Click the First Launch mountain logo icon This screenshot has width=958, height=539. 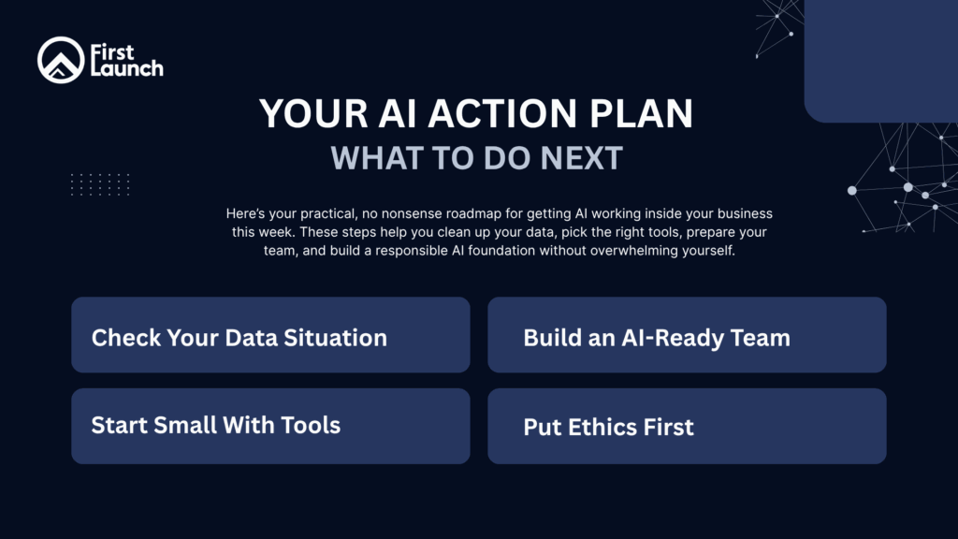61,60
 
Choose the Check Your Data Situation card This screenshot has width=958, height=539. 270,335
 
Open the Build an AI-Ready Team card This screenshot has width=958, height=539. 687,335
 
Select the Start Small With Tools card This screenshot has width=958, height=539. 270,426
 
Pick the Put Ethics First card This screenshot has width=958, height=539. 687,426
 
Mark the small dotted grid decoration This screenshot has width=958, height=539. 100,184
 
